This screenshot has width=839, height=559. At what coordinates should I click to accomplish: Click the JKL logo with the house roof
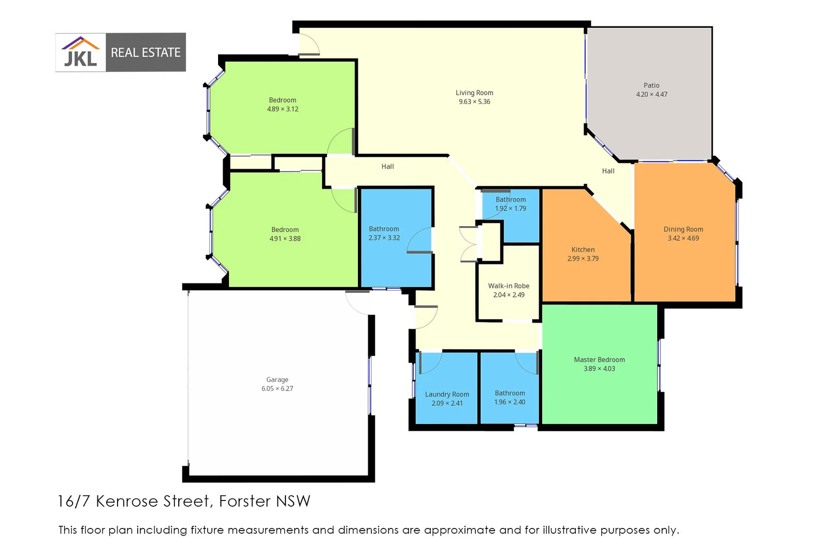[x=81, y=52]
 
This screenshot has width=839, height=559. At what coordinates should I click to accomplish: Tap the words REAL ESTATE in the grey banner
[x=146, y=53]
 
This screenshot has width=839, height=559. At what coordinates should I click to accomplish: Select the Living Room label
[x=474, y=93]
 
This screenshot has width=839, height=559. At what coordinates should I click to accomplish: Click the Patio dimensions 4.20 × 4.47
[x=652, y=94]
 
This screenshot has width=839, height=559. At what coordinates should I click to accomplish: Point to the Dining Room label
[x=683, y=229]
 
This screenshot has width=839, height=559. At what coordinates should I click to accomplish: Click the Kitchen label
[x=583, y=249]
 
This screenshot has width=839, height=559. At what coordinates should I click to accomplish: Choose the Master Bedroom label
[x=599, y=360]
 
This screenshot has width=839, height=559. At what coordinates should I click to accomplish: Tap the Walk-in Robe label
[x=509, y=286]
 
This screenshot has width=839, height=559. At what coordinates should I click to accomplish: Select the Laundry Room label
[x=447, y=394]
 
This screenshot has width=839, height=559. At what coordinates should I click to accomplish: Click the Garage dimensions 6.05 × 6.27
[x=277, y=389]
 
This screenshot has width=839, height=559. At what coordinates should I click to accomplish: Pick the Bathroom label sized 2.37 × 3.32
[x=384, y=229]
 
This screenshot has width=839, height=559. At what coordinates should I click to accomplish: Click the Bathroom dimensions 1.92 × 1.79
[x=510, y=209]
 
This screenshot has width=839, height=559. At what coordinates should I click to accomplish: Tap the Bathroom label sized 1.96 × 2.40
[x=510, y=393]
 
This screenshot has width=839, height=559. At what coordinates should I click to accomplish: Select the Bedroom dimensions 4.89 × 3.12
[x=282, y=109]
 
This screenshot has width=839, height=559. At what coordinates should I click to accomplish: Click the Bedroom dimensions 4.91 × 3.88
[x=285, y=239]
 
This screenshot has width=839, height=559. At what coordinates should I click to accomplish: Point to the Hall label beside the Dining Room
[x=608, y=171]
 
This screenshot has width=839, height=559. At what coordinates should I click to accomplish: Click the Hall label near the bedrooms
[x=387, y=167]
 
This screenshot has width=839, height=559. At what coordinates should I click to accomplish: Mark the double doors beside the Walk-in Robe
[x=469, y=244]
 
